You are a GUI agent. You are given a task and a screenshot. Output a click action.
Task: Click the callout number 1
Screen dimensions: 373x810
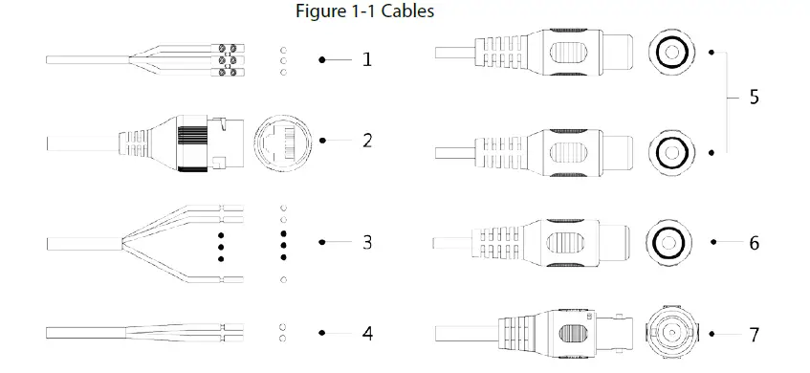367,59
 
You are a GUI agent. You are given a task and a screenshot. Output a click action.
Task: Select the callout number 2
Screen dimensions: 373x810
367,140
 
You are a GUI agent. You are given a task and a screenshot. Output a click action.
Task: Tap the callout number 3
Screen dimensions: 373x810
367,242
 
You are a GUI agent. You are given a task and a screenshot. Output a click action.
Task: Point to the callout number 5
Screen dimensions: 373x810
755,98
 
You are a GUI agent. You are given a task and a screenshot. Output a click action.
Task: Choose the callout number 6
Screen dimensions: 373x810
755,243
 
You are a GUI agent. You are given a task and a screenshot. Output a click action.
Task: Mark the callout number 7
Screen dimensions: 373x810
755,335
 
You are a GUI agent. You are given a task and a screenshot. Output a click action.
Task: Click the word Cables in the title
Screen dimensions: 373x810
404,12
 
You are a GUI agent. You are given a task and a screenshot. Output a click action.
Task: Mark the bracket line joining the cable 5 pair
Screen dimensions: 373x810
725,98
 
